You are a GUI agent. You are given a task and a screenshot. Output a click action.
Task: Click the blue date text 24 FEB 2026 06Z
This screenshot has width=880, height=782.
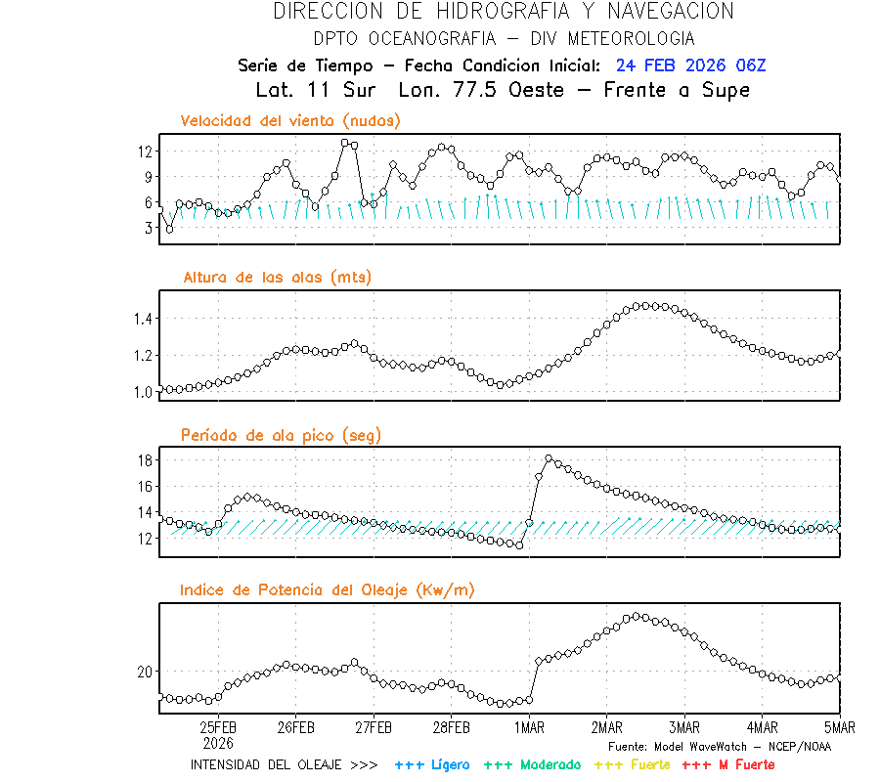point(690,66)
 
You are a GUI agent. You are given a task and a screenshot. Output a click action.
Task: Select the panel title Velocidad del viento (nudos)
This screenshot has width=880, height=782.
point(290,121)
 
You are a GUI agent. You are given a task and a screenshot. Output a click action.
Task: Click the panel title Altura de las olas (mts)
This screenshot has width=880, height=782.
point(277,278)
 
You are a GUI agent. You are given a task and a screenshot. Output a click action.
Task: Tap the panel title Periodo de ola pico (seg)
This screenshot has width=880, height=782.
point(281,435)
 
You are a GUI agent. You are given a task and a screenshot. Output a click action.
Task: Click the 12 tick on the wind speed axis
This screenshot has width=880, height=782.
point(145,152)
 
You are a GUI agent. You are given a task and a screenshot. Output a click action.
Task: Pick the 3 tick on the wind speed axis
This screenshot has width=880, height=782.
point(149,228)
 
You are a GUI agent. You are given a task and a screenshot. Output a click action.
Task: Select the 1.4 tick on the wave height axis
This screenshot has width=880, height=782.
point(142,319)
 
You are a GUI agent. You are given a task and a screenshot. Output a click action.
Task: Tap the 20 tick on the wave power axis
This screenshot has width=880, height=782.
point(145,673)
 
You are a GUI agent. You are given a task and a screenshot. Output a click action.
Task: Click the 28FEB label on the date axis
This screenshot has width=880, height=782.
point(452,728)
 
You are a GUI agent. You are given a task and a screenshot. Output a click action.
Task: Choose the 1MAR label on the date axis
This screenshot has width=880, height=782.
point(529,728)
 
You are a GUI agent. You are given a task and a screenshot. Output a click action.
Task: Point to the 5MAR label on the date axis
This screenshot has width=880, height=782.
point(839,728)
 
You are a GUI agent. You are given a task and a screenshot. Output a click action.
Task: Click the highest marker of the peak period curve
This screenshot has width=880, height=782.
point(549,458)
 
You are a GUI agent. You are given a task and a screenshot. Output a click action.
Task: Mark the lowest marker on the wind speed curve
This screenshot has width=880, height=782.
point(169,230)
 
